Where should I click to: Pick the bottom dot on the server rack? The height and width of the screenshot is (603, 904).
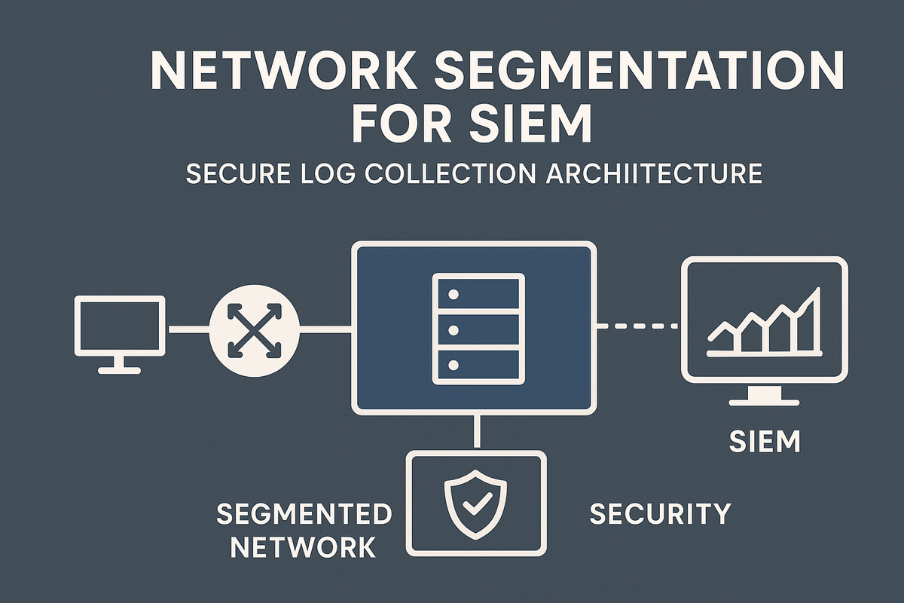[x=453, y=365]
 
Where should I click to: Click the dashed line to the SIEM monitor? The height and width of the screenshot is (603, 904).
[x=637, y=326]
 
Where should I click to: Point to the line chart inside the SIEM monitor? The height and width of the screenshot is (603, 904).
[x=762, y=325]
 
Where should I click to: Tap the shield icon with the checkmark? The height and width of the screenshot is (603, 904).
[x=474, y=504]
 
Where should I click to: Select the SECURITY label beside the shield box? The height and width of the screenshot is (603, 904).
[x=660, y=513]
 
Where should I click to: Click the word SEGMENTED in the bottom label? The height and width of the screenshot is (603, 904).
[x=304, y=514]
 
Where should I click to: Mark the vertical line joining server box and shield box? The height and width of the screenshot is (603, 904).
[x=475, y=432]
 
